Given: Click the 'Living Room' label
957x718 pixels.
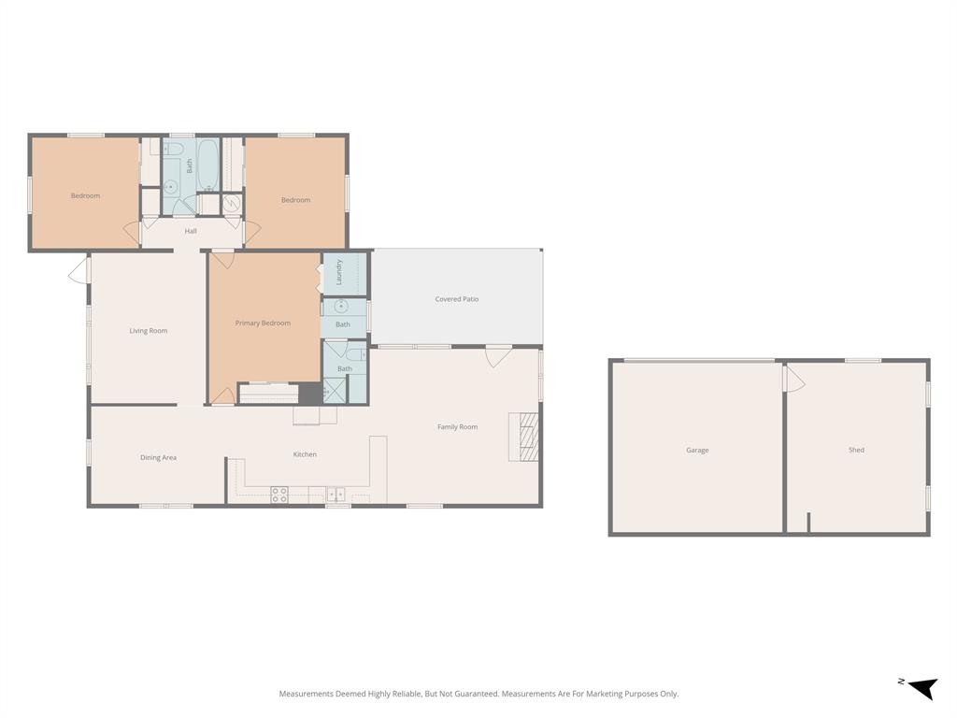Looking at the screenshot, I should pos(149,331).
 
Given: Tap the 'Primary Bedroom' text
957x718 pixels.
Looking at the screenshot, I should pos(263,323).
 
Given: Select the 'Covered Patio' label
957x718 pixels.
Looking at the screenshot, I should pos(457,299).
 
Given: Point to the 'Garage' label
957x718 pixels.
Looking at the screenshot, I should pos(697,451).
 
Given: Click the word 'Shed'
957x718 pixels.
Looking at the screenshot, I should pos(856,451).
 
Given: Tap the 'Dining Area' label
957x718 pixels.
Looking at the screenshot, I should pos(158,458).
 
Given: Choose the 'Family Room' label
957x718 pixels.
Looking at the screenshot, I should pos(457,427).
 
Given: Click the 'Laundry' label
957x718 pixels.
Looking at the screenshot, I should pos(340,271).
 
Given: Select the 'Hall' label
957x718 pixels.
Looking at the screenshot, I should pos(191,231).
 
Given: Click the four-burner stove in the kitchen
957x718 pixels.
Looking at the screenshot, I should pos(279,495).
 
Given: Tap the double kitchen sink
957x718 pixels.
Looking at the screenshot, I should pos(336,494).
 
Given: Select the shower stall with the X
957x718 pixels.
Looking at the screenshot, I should pos(333,390).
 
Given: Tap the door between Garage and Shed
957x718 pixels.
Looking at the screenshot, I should pos(793,378).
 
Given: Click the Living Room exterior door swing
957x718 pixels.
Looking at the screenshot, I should pos(79,271).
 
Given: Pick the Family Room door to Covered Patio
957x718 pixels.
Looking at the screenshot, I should pos(498,356).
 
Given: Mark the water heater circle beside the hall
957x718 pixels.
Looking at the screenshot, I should pos(233,203).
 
